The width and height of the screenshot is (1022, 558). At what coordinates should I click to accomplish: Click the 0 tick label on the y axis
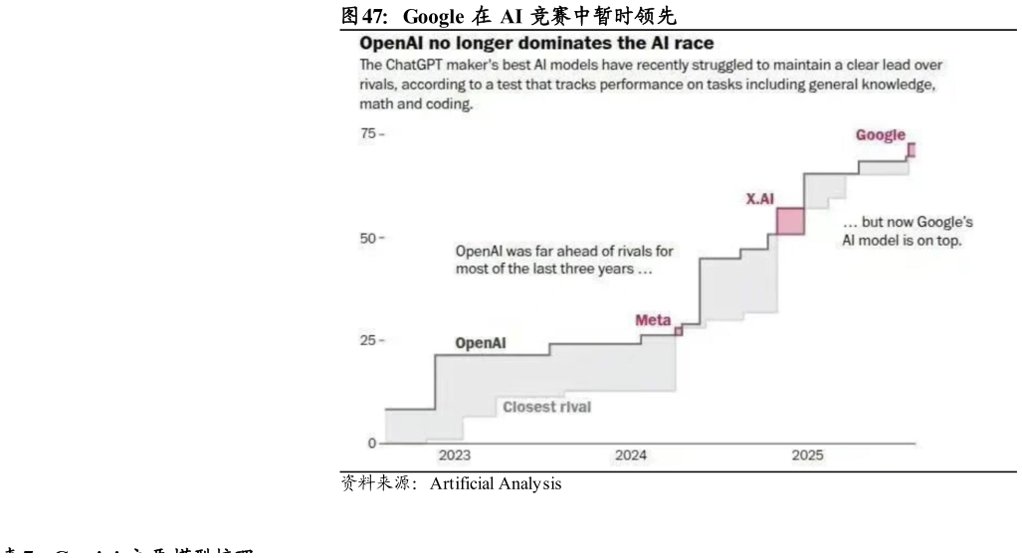click(x=371, y=444)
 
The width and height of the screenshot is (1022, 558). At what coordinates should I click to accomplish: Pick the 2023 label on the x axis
click(x=455, y=456)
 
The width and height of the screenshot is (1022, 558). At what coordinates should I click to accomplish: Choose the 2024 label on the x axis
click(x=631, y=456)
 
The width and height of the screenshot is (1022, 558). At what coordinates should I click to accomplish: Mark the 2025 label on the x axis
click(x=807, y=456)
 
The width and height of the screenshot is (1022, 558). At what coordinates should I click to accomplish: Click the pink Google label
click(x=881, y=135)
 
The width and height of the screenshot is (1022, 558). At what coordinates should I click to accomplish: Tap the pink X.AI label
click(x=760, y=199)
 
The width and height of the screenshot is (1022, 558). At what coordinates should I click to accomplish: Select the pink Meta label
click(x=653, y=320)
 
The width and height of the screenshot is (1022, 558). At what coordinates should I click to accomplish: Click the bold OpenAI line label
click(x=481, y=343)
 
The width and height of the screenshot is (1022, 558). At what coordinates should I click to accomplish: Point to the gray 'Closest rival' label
click(x=546, y=407)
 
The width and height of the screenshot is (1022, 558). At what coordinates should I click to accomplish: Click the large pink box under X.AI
click(x=790, y=221)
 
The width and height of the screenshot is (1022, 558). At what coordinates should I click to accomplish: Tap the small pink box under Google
click(x=911, y=150)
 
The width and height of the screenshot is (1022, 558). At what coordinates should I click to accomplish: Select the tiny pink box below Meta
click(x=679, y=331)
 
